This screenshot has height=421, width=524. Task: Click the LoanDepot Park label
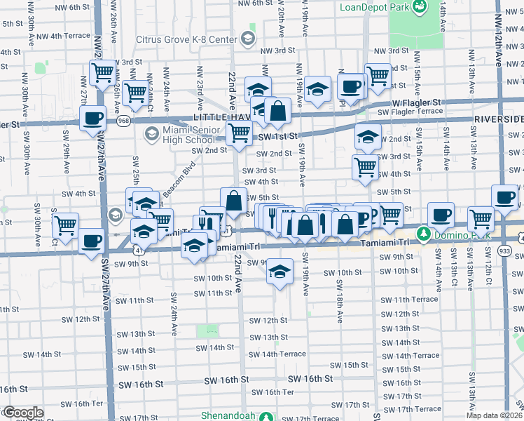click(x=375, y=7)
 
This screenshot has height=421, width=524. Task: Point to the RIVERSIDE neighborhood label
click(x=498, y=119)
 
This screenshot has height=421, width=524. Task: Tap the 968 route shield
click(x=124, y=121)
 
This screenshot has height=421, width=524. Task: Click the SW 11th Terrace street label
click(x=415, y=299)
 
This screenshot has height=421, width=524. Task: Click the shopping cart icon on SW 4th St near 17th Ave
click(x=365, y=167)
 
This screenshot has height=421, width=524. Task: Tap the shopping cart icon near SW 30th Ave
click(x=65, y=225)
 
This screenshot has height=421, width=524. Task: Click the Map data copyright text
click(x=493, y=415)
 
